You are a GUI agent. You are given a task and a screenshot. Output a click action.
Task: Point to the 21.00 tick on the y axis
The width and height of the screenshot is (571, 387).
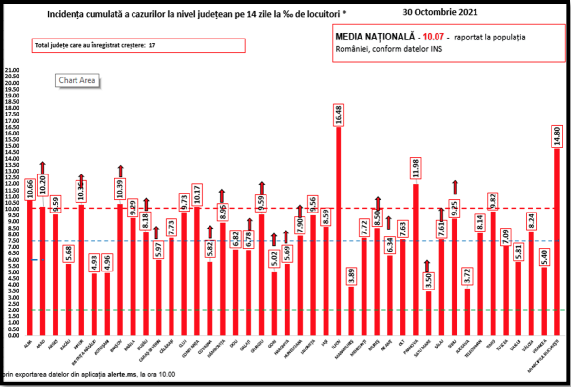pyautogui.click(x=12, y=70)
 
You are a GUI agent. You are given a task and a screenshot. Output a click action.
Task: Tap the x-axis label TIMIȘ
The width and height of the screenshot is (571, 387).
pyautogui.click(x=490, y=345)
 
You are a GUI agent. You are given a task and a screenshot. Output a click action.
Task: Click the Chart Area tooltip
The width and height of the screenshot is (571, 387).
pyautogui.click(x=77, y=80)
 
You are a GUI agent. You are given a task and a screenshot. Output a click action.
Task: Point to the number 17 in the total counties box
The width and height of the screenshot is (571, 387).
pyautogui.click(x=152, y=45)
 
